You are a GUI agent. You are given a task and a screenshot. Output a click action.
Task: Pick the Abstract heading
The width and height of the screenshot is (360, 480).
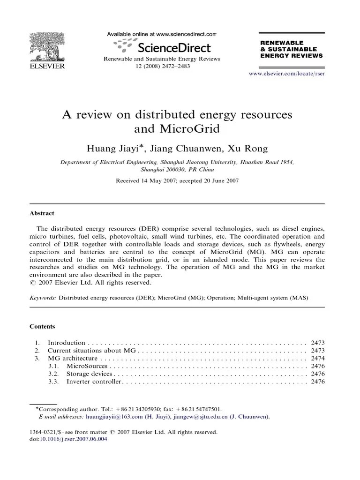(42, 213)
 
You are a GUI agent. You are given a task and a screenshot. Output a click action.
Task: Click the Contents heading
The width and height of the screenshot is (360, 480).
(42, 326)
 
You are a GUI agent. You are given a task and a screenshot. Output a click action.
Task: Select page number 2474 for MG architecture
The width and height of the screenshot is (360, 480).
(318, 359)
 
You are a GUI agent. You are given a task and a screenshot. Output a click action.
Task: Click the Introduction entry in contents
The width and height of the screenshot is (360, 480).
(67, 343)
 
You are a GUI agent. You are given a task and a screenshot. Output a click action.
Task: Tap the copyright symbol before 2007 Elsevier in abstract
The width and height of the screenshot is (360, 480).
(32, 283)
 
